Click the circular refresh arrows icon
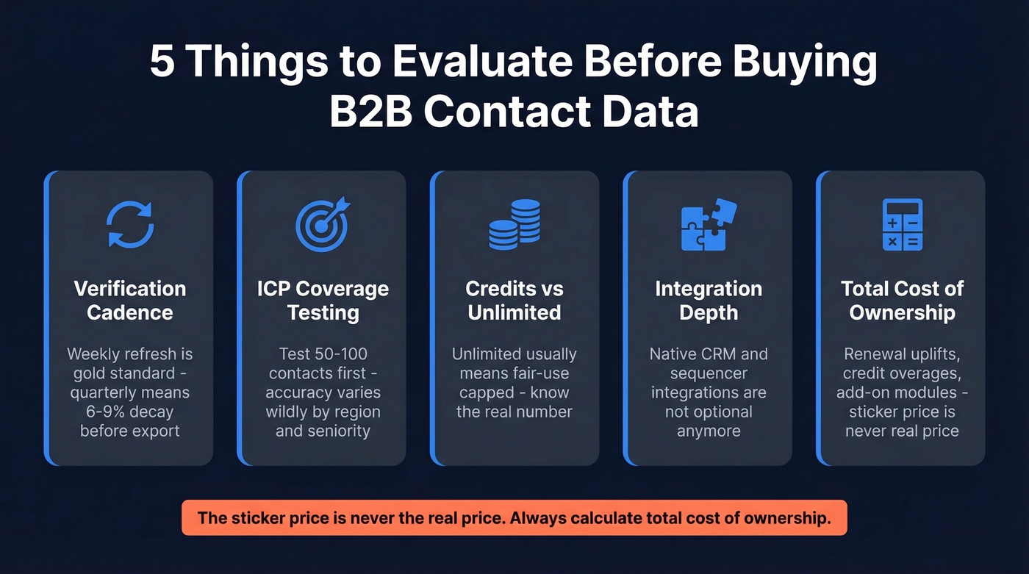pyautogui.click(x=130, y=224)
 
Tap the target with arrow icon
pyautogui.click(x=323, y=224)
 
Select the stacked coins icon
pyautogui.click(x=514, y=224)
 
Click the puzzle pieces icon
pyautogui.click(x=708, y=224)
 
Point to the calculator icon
pyautogui.click(x=902, y=224)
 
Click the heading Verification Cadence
pyautogui.click(x=130, y=300)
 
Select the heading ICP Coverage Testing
pyautogui.click(x=323, y=300)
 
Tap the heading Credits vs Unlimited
pyautogui.click(x=514, y=300)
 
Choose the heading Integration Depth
pyautogui.click(x=708, y=300)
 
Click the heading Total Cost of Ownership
pyautogui.click(x=902, y=300)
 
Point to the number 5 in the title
pyautogui.click(x=162, y=62)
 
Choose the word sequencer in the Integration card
pyautogui.click(x=708, y=373)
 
